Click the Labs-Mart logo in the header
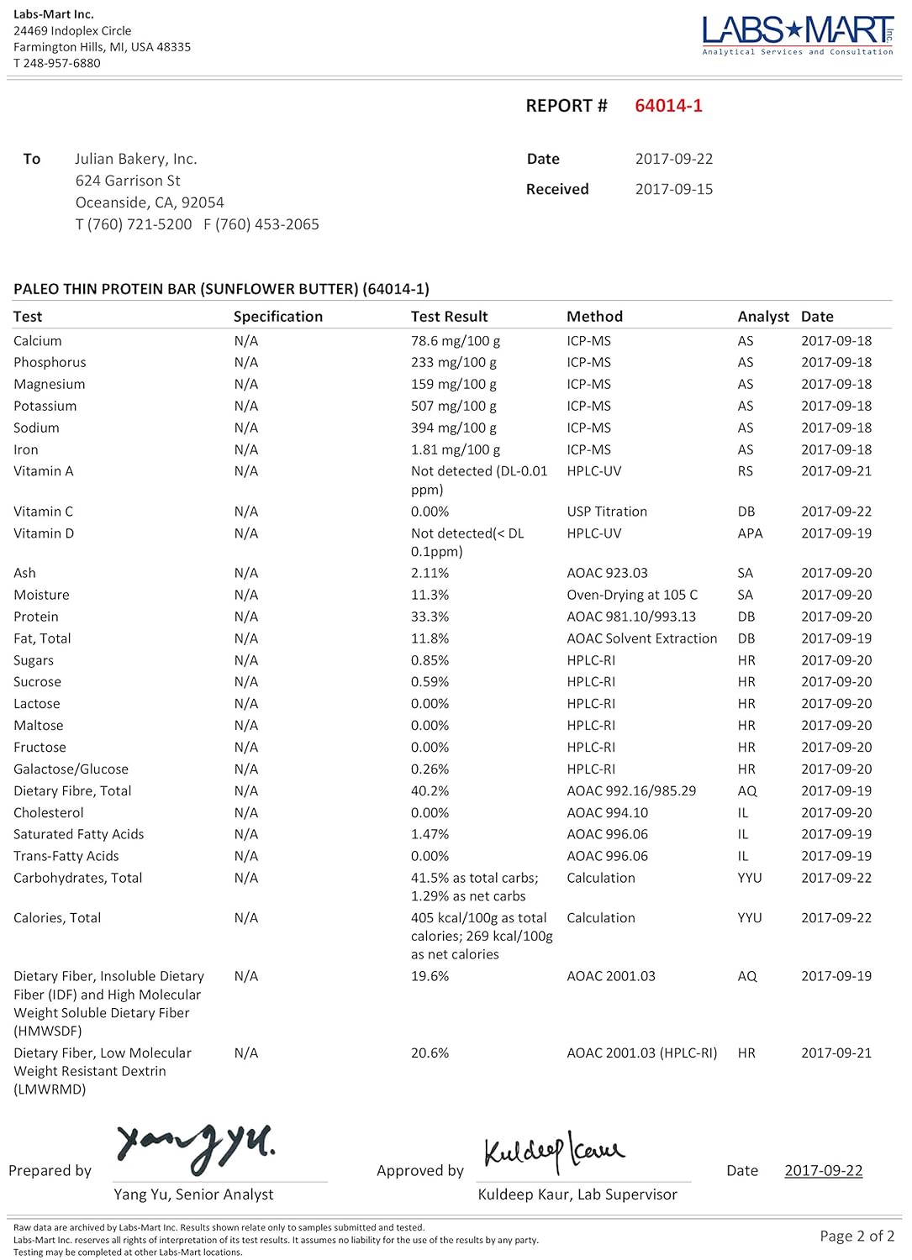tap(797, 34)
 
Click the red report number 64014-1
tap(668, 106)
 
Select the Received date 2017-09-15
tap(673, 189)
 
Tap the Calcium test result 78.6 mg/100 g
tap(455, 341)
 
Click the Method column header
tap(594, 317)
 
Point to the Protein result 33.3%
tap(430, 617)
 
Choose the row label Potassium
tap(45, 406)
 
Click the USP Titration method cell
tap(607, 512)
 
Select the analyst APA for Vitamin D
tap(750, 533)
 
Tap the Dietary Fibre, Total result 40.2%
tap(430, 791)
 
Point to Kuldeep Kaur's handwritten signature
tap(553, 1151)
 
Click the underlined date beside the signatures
tap(823, 1171)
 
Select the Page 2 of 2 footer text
tap(857, 1236)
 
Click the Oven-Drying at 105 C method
tap(632, 595)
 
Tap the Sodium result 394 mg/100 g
tap(453, 428)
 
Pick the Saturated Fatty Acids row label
tap(78, 834)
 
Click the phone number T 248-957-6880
tap(56, 63)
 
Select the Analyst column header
tap(762, 317)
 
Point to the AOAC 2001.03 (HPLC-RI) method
tap(641, 1053)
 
